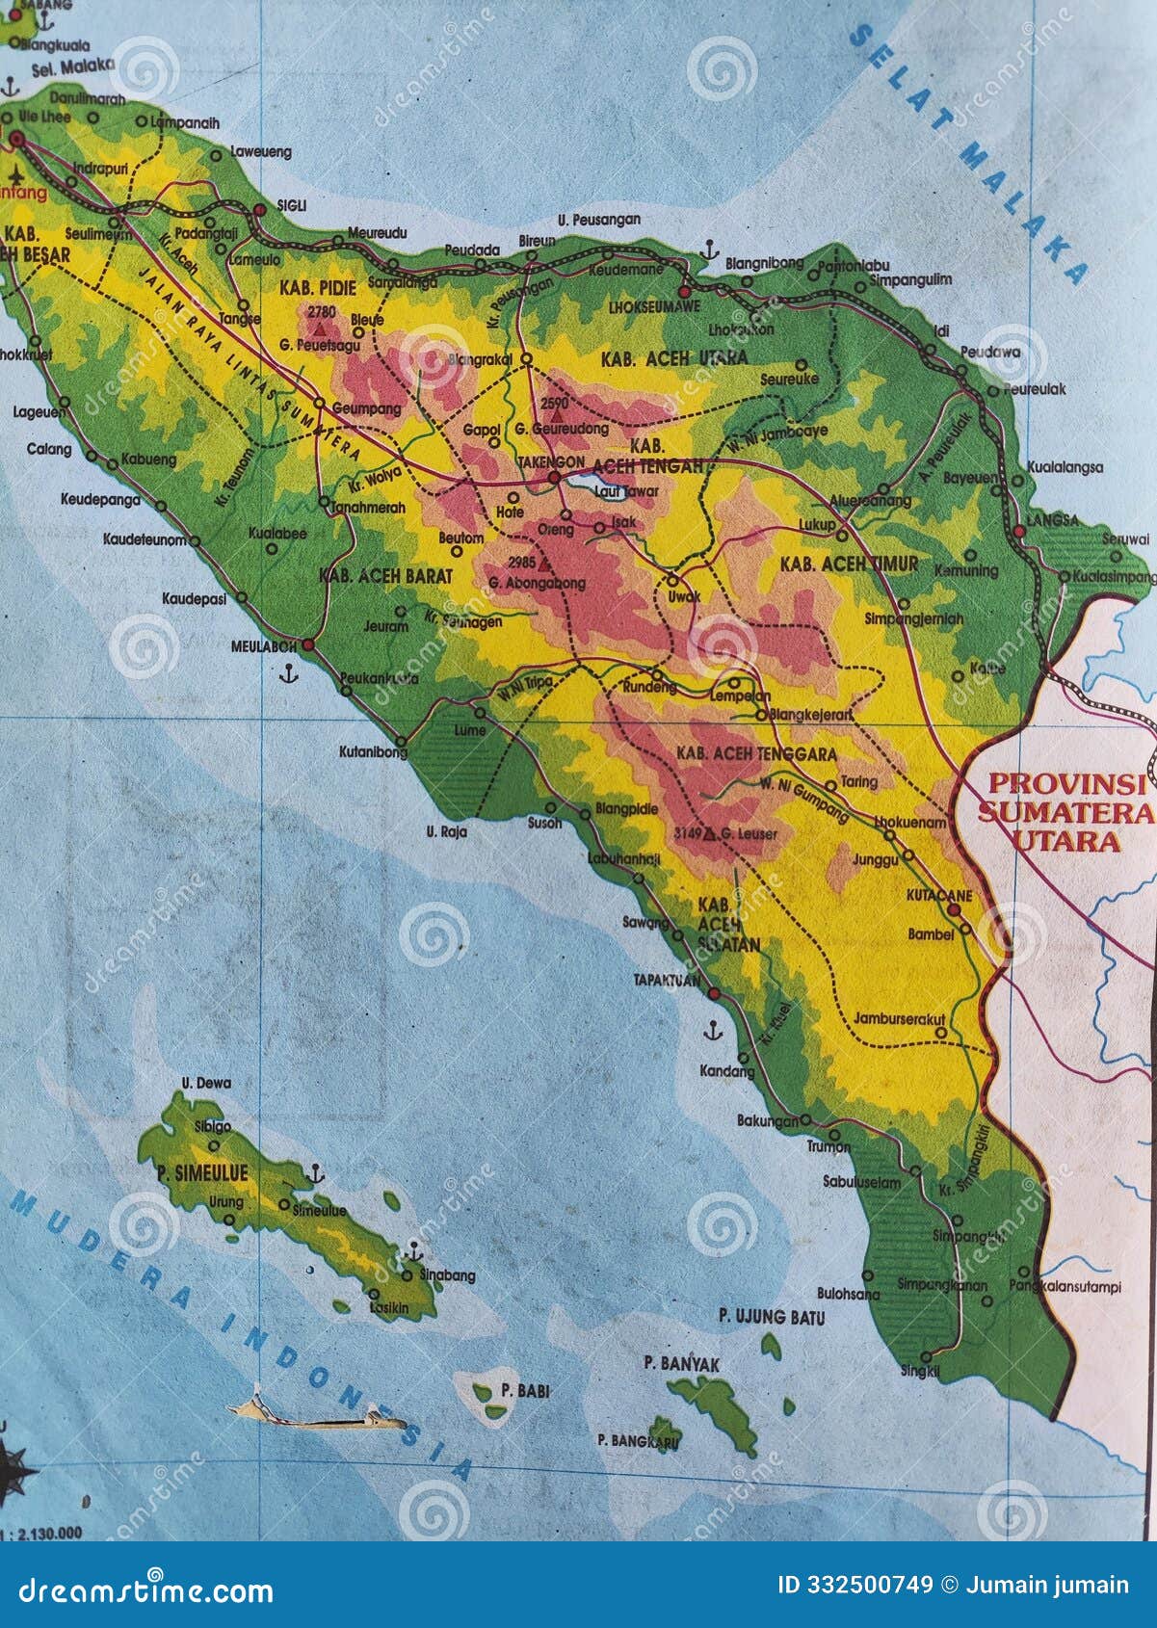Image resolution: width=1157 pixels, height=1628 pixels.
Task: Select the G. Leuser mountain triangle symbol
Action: click(x=710, y=832)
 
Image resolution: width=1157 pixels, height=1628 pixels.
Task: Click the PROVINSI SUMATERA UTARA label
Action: click(x=1065, y=811)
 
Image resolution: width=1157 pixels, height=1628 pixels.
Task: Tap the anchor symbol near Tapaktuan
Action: click(x=712, y=1032)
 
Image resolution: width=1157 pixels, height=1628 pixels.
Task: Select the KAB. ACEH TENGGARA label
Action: click(x=756, y=753)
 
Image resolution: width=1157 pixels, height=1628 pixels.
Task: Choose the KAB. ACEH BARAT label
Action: click(x=385, y=575)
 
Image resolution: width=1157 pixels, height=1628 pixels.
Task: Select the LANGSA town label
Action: click(x=1052, y=520)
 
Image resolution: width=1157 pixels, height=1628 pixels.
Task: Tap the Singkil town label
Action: click(x=919, y=1371)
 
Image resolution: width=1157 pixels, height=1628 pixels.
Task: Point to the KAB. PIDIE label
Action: click(x=318, y=288)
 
